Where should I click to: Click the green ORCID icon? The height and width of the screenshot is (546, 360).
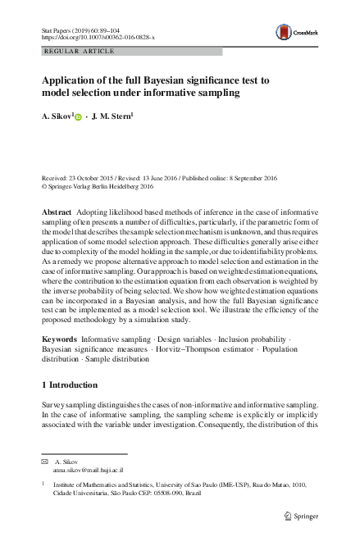tap(78, 118)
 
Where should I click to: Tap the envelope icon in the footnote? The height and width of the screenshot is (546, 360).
tap(45, 463)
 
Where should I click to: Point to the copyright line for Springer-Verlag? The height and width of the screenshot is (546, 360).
tap(102, 186)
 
